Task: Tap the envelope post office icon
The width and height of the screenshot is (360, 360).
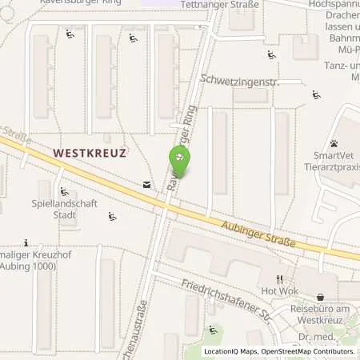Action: (x=147, y=184)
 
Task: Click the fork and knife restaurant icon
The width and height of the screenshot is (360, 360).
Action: (x=279, y=278)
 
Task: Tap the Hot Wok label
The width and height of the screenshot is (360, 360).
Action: (x=278, y=292)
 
